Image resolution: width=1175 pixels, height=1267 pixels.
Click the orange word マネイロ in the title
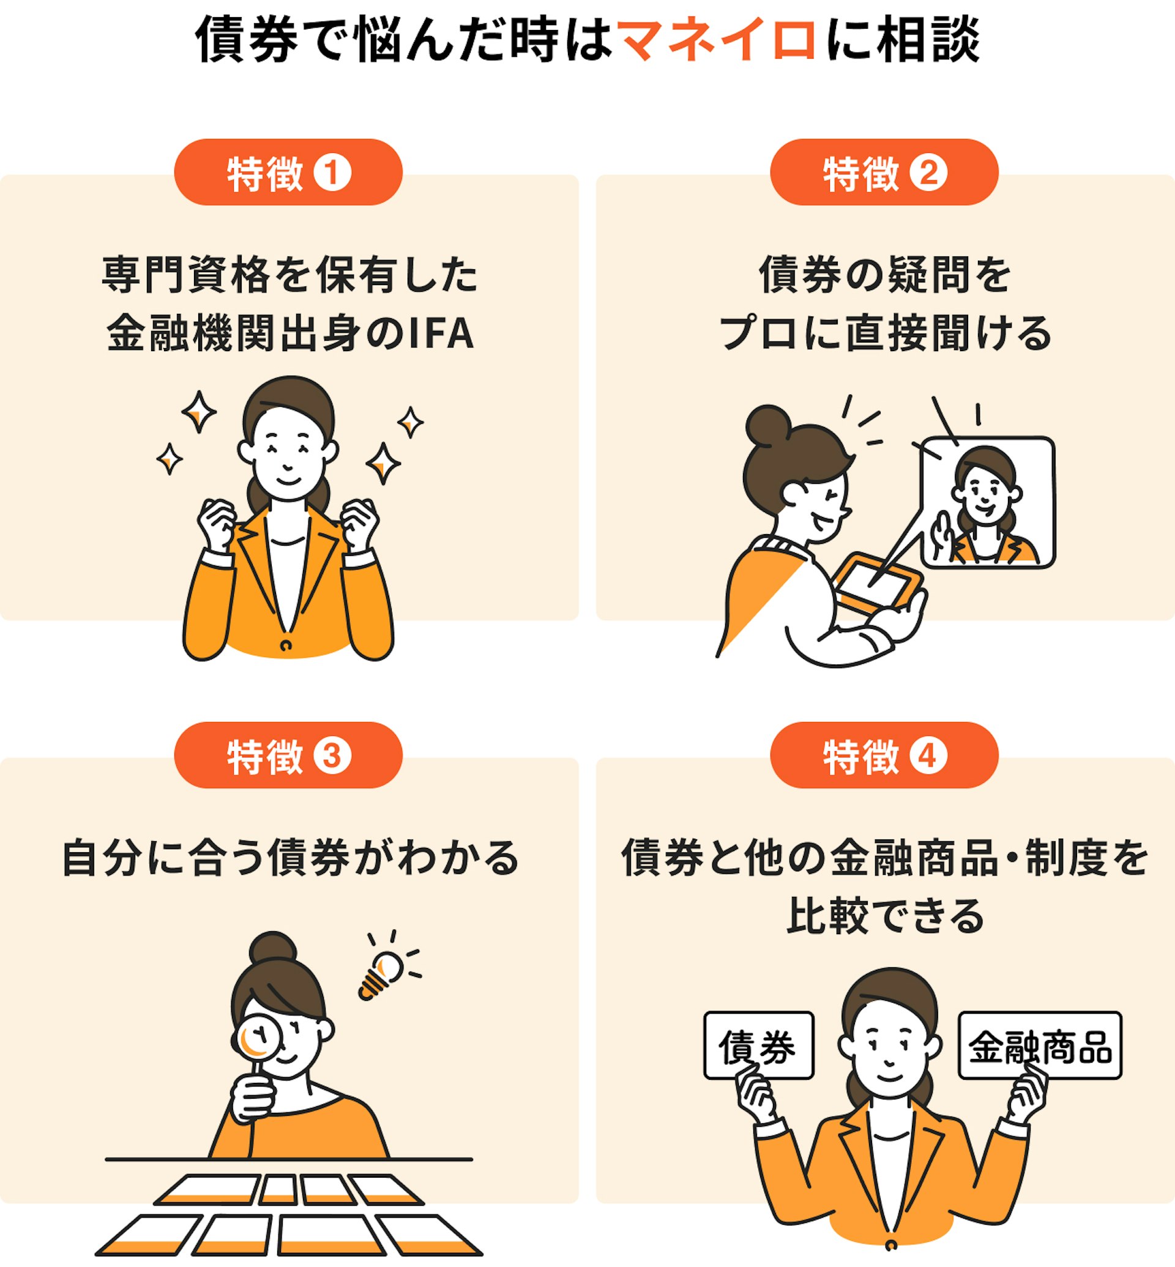pyautogui.click(x=717, y=40)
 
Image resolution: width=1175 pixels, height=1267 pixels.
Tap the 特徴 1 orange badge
pyautogui.click(x=288, y=173)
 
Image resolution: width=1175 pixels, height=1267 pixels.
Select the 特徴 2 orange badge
pyautogui.click(x=884, y=173)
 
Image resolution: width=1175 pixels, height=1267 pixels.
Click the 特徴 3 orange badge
pyautogui.click(x=288, y=754)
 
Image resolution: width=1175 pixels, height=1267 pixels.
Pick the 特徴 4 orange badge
pyautogui.click(x=884, y=754)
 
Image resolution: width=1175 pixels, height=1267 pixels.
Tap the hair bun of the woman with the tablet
pyautogui.click(x=768, y=425)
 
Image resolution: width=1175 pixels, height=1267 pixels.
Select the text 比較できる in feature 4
pyautogui.click(x=884, y=916)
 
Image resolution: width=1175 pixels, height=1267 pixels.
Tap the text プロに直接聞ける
pyautogui.click(x=884, y=333)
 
